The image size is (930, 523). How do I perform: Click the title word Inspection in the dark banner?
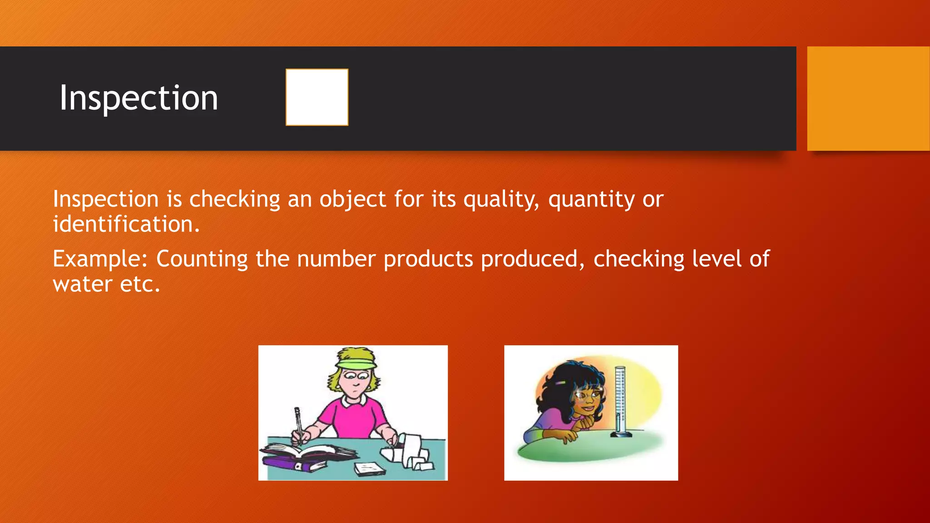pyautogui.click(x=139, y=98)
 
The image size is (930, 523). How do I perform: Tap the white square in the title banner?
pyautogui.click(x=317, y=97)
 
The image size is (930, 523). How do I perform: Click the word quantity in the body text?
pyautogui.click(x=591, y=200)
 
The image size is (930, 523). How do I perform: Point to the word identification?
pyautogui.click(x=126, y=224)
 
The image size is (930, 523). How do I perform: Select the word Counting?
pyautogui.click(x=202, y=259)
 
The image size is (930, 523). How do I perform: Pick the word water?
pyautogui.click(x=82, y=285)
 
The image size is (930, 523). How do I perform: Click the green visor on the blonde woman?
pyautogui.click(x=356, y=363)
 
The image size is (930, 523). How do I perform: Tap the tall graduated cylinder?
pyautogui.click(x=620, y=402)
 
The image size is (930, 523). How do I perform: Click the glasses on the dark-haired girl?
pyautogui.click(x=589, y=394)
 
